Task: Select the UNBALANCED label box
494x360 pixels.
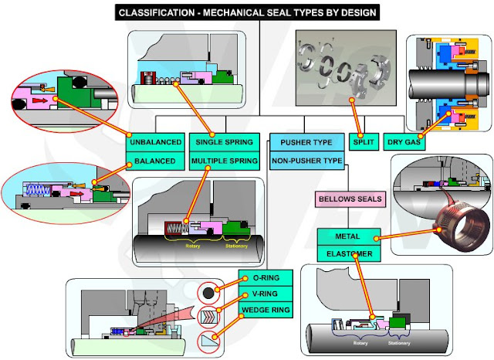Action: click(x=156, y=142)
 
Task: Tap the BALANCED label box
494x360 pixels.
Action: click(x=156, y=162)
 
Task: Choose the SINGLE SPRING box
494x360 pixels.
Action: click(x=223, y=142)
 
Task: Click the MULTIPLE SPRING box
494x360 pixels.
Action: click(x=223, y=162)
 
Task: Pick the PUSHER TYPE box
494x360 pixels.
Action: click(x=305, y=142)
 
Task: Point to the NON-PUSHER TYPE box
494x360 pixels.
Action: click(x=305, y=161)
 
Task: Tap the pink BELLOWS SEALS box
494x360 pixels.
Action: click(x=350, y=200)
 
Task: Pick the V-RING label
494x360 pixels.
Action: click(x=265, y=295)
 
